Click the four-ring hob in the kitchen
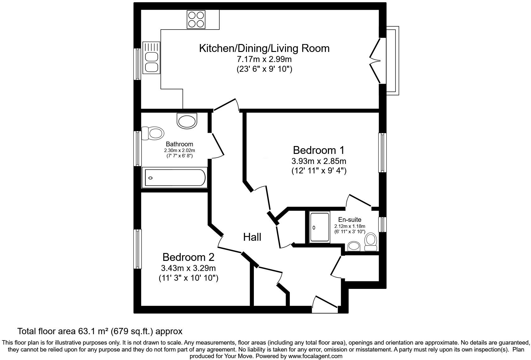pyautogui.click(x=196, y=19)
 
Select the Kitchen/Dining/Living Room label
pyautogui.click(x=264, y=48)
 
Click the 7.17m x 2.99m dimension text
pyautogui.click(x=264, y=59)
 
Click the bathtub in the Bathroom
pyautogui.click(x=175, y=178)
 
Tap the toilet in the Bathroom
pyautogui.click(x=153, y=133)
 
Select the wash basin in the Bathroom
pyautogui.click(x=187, y=121)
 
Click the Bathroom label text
pyautogui.click(x=179, y=144)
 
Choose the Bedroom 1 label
pyautogui.click(x=319, y=150)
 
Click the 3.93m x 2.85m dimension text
pyautogui.click(x=319, y=161)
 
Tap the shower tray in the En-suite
pyautogui.click(x=320, y=227)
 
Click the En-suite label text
pyautogui.click(x=349, y=220)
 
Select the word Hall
pyautogui.click(x=252, y=237)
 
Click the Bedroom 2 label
pyautogui.click(x=188, y=257)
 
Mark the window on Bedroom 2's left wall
pyautogui.click(x=137, y=249)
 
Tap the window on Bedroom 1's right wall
pyautogui.click(x=382, y=153)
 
